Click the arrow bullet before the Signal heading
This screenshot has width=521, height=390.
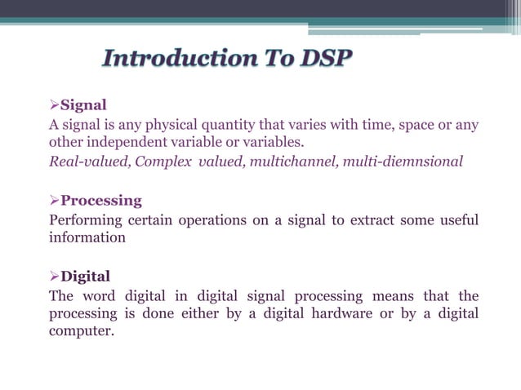55,105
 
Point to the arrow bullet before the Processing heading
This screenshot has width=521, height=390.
55,201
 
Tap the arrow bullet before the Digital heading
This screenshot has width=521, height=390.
55,276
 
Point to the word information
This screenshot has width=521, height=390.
87,238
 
